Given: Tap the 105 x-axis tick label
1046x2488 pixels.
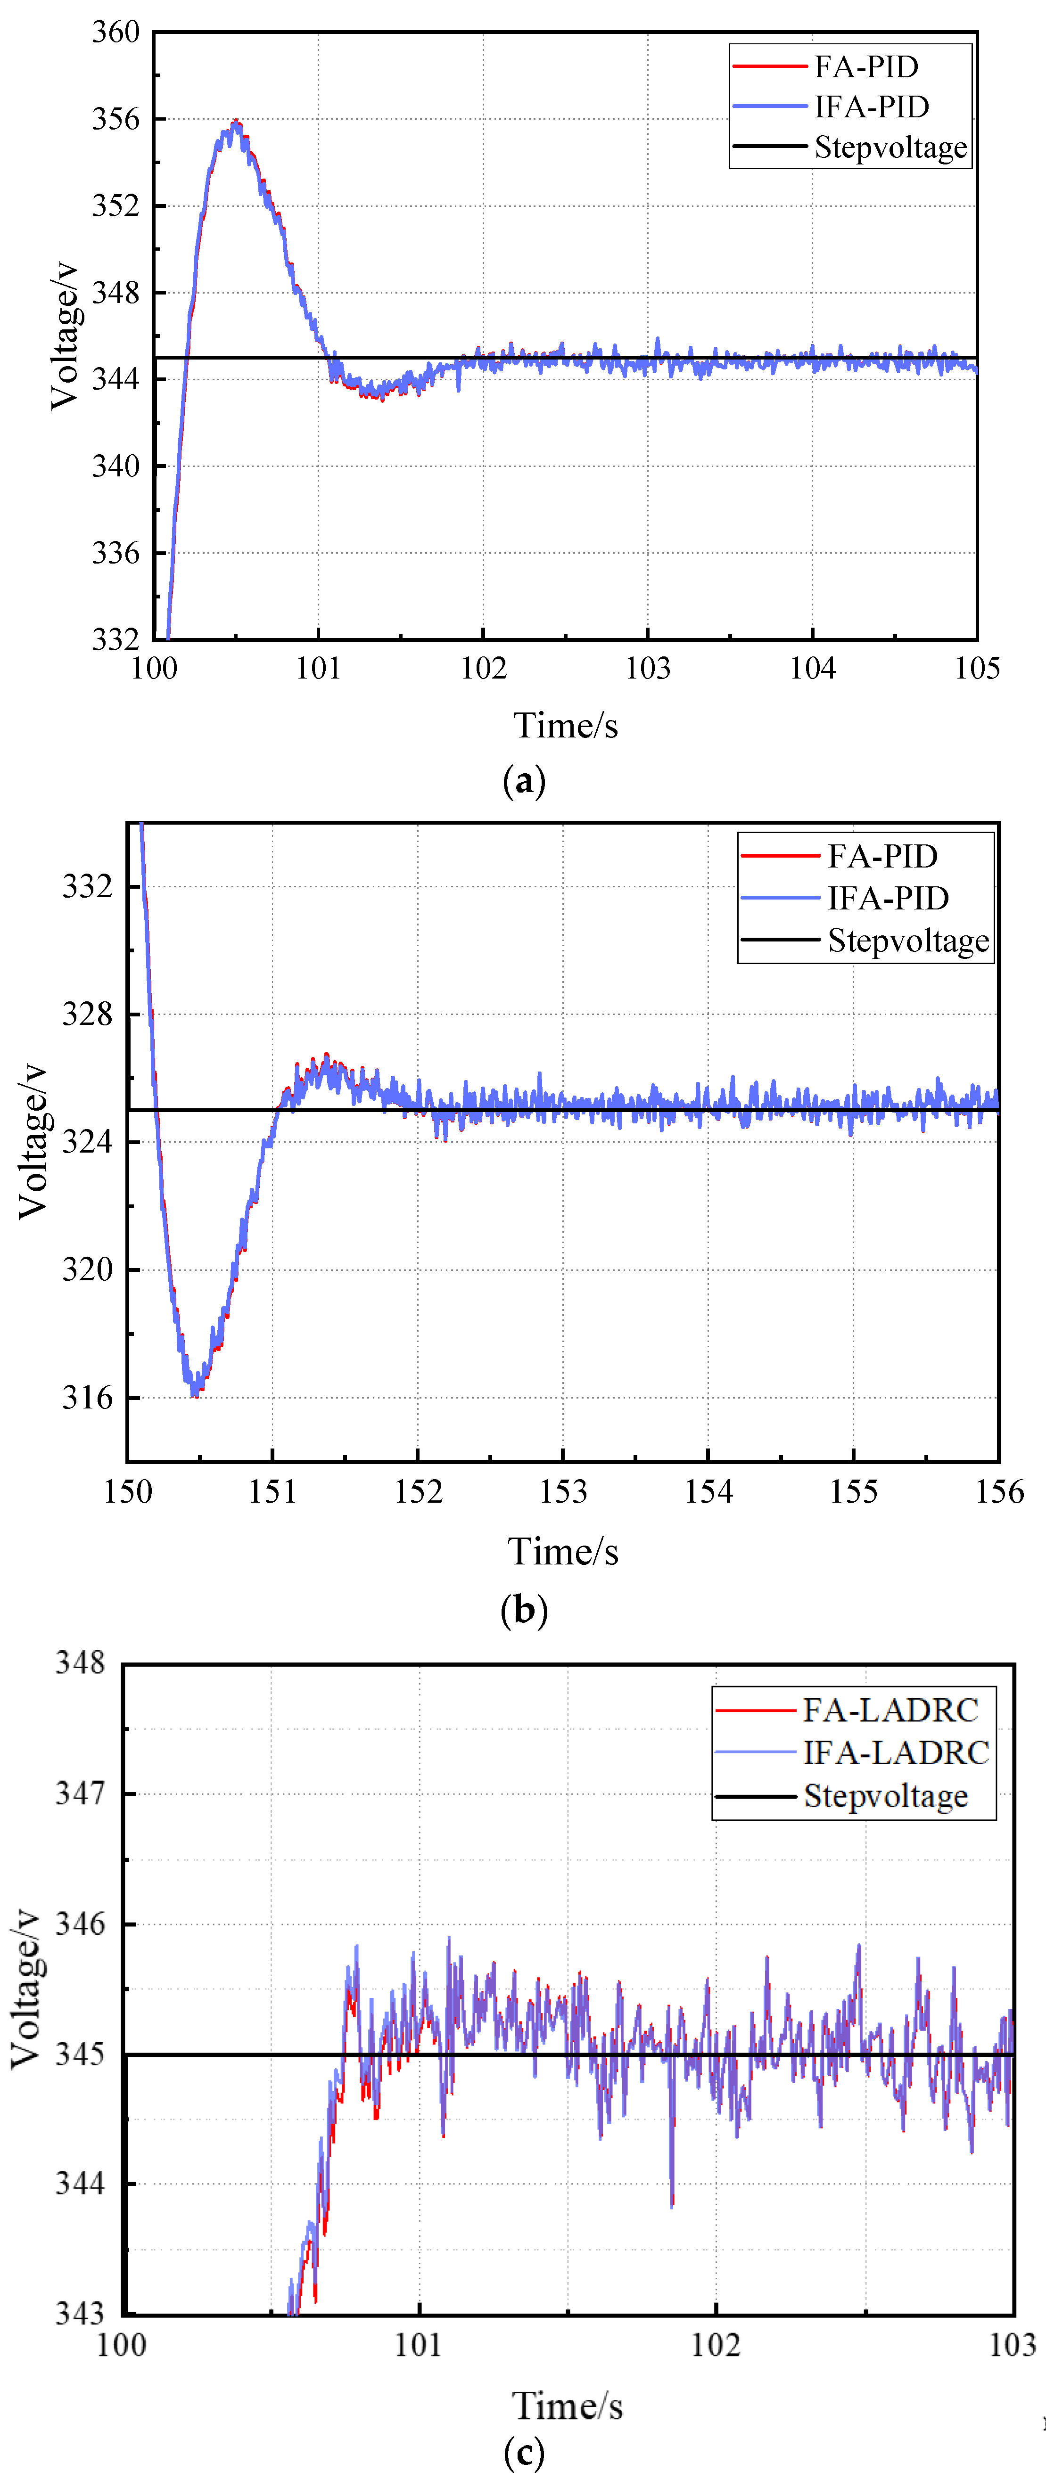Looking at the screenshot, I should (976, 668).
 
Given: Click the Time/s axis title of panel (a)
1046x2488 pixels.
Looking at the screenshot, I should (565, 725).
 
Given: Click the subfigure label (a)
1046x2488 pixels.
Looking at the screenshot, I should (524, 780).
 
